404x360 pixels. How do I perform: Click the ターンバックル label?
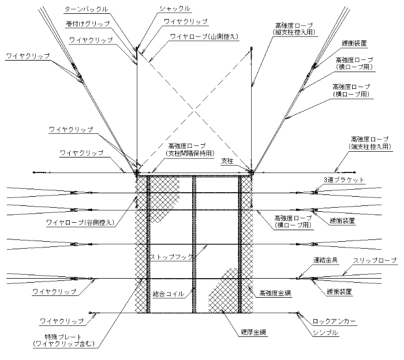point(86,9)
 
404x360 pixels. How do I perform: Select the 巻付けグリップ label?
point(88,24)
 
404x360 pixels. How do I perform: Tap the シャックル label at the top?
point(175,9)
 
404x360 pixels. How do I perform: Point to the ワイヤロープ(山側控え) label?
point(204,36)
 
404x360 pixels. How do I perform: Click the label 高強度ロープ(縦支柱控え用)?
point(294,29)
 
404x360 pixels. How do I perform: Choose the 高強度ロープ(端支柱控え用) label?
point(370,143)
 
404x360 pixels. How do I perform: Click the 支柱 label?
point(227,161)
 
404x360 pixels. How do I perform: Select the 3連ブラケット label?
point(344,180)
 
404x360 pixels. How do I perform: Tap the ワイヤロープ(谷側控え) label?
point(80,223)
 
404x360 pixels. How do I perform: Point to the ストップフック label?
point(171,257)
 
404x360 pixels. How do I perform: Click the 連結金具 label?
point(325,260)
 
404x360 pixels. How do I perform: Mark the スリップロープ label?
point(375,260)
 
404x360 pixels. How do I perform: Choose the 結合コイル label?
point(169,294)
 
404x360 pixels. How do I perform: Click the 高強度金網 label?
point(275,293)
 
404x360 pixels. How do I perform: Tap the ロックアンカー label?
point(334,321)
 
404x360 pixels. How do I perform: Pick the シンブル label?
point(325,333)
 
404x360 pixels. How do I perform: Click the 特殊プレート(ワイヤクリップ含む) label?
point(63,340)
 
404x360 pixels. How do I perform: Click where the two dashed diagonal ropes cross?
point(194,111)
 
